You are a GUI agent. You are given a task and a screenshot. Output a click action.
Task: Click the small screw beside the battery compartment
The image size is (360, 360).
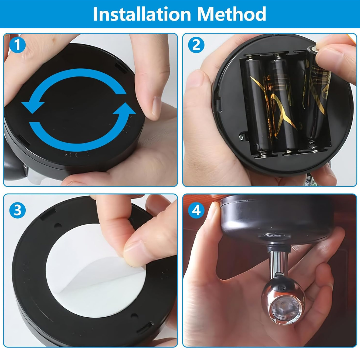[240, 136]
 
